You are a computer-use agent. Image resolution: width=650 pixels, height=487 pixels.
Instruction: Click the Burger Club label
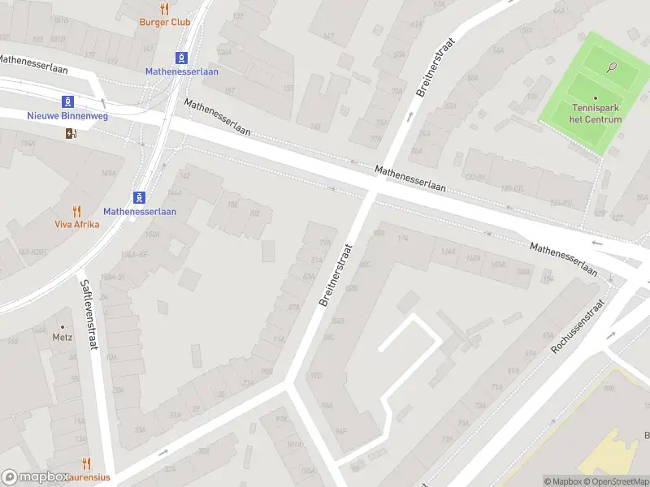165,22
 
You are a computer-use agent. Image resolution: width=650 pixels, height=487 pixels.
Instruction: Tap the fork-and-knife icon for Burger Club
165,9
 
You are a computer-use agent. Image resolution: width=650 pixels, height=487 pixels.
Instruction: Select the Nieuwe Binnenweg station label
79,116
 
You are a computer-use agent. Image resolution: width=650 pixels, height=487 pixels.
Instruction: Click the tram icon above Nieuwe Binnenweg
68,102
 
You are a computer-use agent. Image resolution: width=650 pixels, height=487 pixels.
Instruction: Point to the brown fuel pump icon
71,134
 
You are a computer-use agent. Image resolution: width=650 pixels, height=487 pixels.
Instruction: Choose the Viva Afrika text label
77,224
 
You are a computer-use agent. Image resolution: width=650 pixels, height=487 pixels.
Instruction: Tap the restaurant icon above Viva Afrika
77,211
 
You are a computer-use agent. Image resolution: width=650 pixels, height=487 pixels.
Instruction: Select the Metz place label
63,338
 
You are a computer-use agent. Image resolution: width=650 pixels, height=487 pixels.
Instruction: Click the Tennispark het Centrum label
597,114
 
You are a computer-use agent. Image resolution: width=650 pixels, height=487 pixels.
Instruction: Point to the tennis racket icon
612,67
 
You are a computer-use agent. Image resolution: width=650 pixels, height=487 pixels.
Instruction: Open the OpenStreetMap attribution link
617,481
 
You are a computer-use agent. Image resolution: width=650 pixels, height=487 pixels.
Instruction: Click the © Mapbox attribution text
563,481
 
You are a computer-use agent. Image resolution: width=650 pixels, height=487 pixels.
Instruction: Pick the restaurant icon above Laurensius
86,464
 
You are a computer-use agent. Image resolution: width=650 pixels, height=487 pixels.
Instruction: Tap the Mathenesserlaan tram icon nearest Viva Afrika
140,197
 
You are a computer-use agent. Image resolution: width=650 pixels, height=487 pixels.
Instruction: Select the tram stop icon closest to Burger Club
181,58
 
